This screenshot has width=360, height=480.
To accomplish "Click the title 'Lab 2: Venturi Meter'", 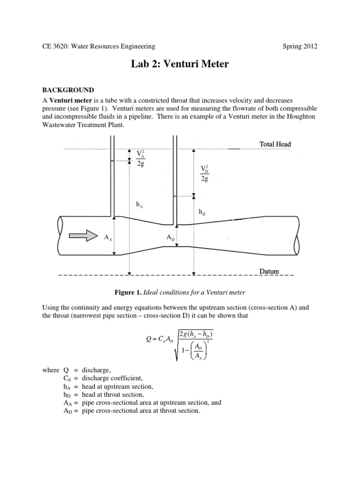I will [180, 64].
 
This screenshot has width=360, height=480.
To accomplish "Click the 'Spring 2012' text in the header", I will [300, 46].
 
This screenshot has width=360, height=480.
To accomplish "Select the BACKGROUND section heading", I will [68, 90].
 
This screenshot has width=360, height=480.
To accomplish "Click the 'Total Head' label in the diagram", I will [275, 144].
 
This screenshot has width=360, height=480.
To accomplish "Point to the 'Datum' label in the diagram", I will [269, 271].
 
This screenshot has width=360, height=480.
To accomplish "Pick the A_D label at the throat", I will [171, 238].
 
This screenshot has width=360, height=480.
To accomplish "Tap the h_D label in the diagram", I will [202, 213].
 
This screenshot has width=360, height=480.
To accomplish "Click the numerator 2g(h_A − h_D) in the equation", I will [196, 334].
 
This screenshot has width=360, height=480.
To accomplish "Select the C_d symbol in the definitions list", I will [67, 378].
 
